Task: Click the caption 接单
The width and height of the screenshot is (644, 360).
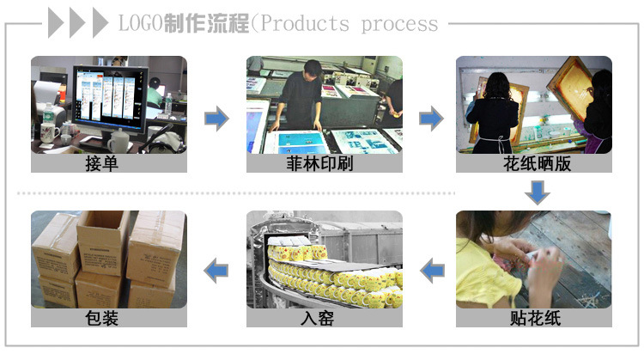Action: point(102,163)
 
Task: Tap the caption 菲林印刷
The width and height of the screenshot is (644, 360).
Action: point(320,163)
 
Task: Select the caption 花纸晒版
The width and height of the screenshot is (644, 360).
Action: point(538,163)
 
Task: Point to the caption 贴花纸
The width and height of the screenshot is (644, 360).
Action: point(536,318)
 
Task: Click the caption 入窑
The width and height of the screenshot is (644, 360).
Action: point(317,318)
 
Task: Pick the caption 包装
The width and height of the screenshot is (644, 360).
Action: point(102,318)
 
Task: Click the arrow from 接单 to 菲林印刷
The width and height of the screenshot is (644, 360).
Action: point(217,119)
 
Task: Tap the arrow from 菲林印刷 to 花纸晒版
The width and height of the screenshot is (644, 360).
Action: point(431,119)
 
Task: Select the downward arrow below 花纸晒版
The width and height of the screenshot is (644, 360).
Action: point(538,192)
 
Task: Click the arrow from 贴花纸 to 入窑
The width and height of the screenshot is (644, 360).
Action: point(432,271)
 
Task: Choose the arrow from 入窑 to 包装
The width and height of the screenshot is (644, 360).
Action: point(216,271)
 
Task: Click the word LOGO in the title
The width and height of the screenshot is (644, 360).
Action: point(141,23)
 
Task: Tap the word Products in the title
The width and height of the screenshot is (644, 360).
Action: point(305,23)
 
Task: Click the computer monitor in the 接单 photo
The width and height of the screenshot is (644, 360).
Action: point(110,99)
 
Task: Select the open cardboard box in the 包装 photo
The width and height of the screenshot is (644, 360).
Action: point(102,243)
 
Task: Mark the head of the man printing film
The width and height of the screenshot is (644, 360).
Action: point(313,68)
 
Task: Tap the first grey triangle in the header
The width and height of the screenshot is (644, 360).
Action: point(56,23)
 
